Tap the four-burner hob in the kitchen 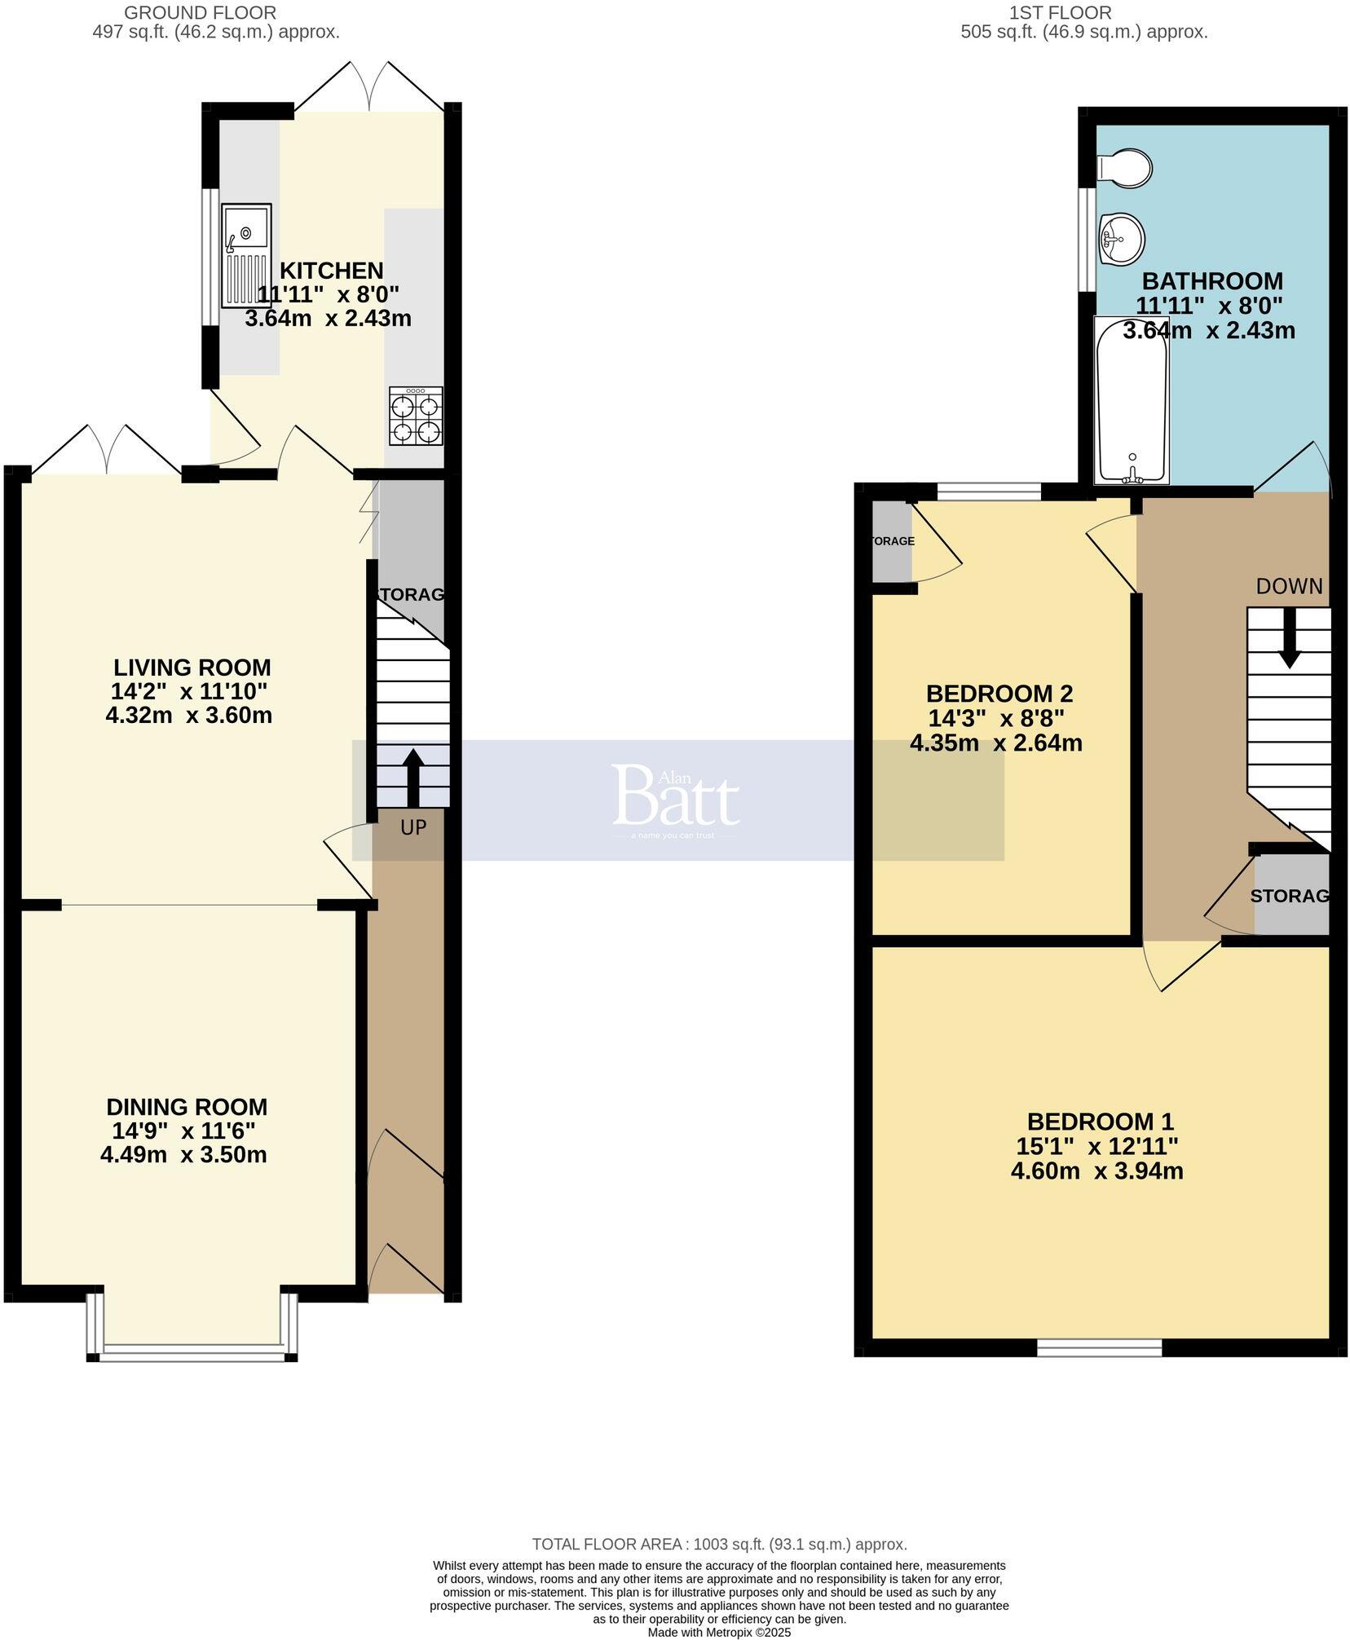pos(416,416)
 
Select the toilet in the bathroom pos(1125,168)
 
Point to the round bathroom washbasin pos(1122,238)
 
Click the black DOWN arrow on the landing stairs pos(1288,637)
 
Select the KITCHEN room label pos(331,270)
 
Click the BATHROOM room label pos(1211,281)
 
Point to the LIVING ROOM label pos(192,668)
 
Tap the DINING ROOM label pos(187,1107)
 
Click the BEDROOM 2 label pos(999,694)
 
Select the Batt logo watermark pos(675,796)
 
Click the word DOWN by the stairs pos(1289,586)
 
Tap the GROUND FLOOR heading pos(200,13)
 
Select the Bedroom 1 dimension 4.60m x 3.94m pos(1096,1171)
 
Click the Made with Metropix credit pos(719,1633)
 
